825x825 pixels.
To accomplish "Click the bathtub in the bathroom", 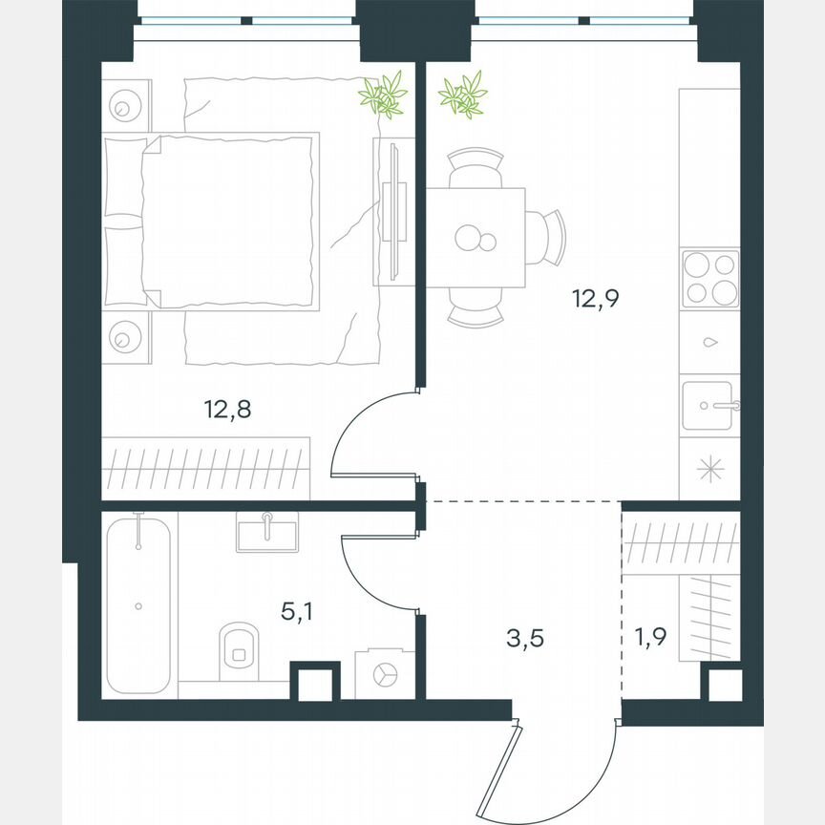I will pos(139,603).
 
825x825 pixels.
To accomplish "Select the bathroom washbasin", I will pos(267,531).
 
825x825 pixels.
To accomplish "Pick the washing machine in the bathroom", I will pos(385,673).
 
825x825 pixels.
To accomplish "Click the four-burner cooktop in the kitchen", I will pos(709,279).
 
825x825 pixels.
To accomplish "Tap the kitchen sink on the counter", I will pos(709,405).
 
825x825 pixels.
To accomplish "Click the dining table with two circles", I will pos(476,237).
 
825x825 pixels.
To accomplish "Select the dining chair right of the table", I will pos(547,237).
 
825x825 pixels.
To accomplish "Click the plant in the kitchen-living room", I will pos(463,95).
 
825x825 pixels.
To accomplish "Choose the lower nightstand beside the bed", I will pos(126,336).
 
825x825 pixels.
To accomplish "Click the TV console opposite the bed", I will pos(392,211).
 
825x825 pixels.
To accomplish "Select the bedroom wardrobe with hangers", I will pos(207,467).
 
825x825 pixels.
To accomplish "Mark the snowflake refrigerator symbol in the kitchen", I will pos(709,469).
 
